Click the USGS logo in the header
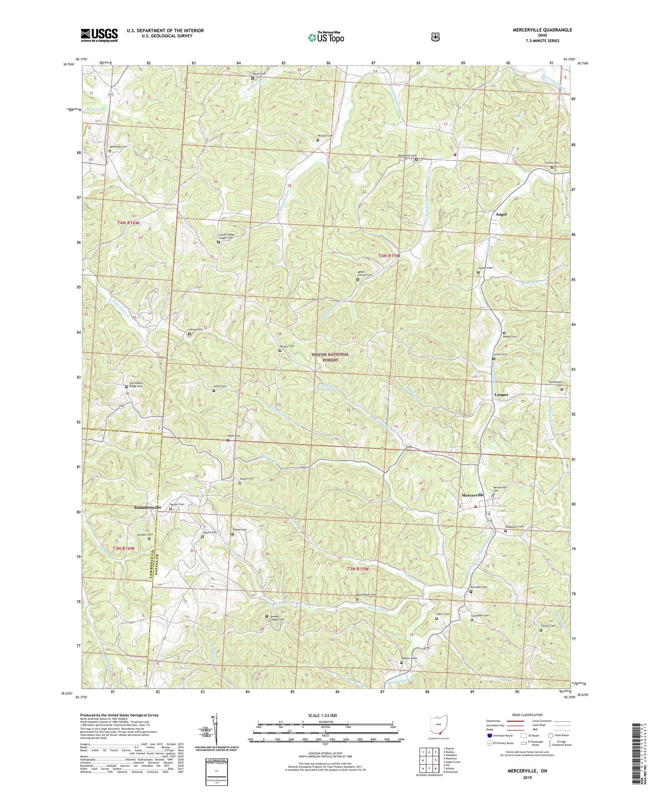(99, 35)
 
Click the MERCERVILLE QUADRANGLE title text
(536, 30)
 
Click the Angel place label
(501, 214)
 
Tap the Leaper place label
(501, 395)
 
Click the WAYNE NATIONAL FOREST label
(331, 357)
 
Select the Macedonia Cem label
(406, 156)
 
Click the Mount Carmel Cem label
(364, 274)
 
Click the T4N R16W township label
(128, 223)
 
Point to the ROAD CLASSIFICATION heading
(524, 715)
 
